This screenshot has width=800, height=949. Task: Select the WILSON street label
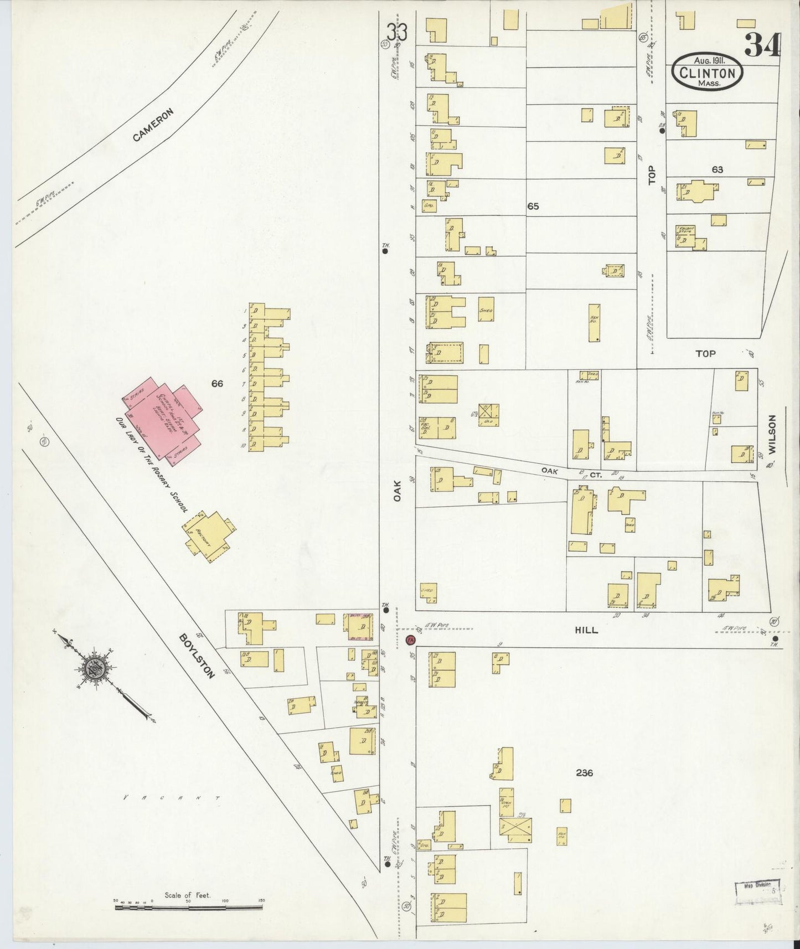(772, 435)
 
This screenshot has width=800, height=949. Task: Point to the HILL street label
(586, 630)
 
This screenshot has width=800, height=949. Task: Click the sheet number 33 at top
(397, 33)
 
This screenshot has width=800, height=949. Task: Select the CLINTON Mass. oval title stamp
(707, 73)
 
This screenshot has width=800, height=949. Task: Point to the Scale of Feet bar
(188, 907)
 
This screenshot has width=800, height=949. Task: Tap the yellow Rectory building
(207, 534)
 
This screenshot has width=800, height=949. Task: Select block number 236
(584, 772)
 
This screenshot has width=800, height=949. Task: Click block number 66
(216, 383)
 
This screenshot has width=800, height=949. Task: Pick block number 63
(717, 169)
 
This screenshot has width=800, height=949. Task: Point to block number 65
(533, 206)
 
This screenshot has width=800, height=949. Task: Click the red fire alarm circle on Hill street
(410, 641)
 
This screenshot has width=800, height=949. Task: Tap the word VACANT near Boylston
(171, 798)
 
